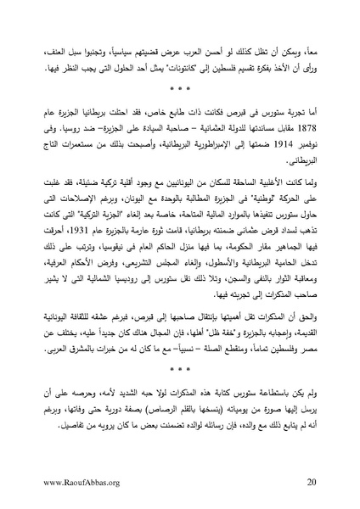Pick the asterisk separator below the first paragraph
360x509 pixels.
[179, 87]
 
